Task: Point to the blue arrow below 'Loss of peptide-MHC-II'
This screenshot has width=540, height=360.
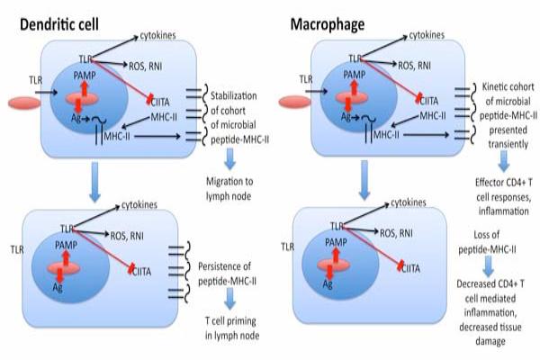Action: (x=487, y=266)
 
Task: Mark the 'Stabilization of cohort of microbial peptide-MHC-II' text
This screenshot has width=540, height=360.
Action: (x=236, y=117)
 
